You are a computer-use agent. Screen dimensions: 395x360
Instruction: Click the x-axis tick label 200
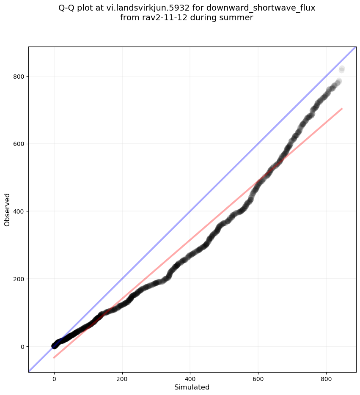coord(122,377)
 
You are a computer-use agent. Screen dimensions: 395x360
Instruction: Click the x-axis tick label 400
coord(190,377)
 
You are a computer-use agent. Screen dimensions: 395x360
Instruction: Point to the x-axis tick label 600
coord(258,377)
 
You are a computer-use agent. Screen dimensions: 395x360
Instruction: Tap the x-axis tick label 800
coord(326,377)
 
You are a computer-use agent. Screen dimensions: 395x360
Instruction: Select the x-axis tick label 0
coord(54,377)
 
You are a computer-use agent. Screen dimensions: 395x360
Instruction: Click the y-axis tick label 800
coord(19,76)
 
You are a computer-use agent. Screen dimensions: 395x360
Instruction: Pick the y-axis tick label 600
coord(19,144)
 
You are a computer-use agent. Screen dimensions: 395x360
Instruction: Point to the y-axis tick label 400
coord(19,211)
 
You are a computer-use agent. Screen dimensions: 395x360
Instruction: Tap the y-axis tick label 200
coord(19,279)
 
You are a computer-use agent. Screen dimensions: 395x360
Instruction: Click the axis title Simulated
coord(192,387)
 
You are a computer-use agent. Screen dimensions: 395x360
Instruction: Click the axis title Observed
coord(7,209)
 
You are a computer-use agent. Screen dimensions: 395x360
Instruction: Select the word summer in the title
coord(238,18)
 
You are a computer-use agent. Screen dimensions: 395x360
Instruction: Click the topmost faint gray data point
coord(342,69)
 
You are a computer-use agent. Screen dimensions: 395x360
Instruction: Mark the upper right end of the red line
coord(342,109)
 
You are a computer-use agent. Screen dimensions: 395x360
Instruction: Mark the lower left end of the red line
coord(54,358)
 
